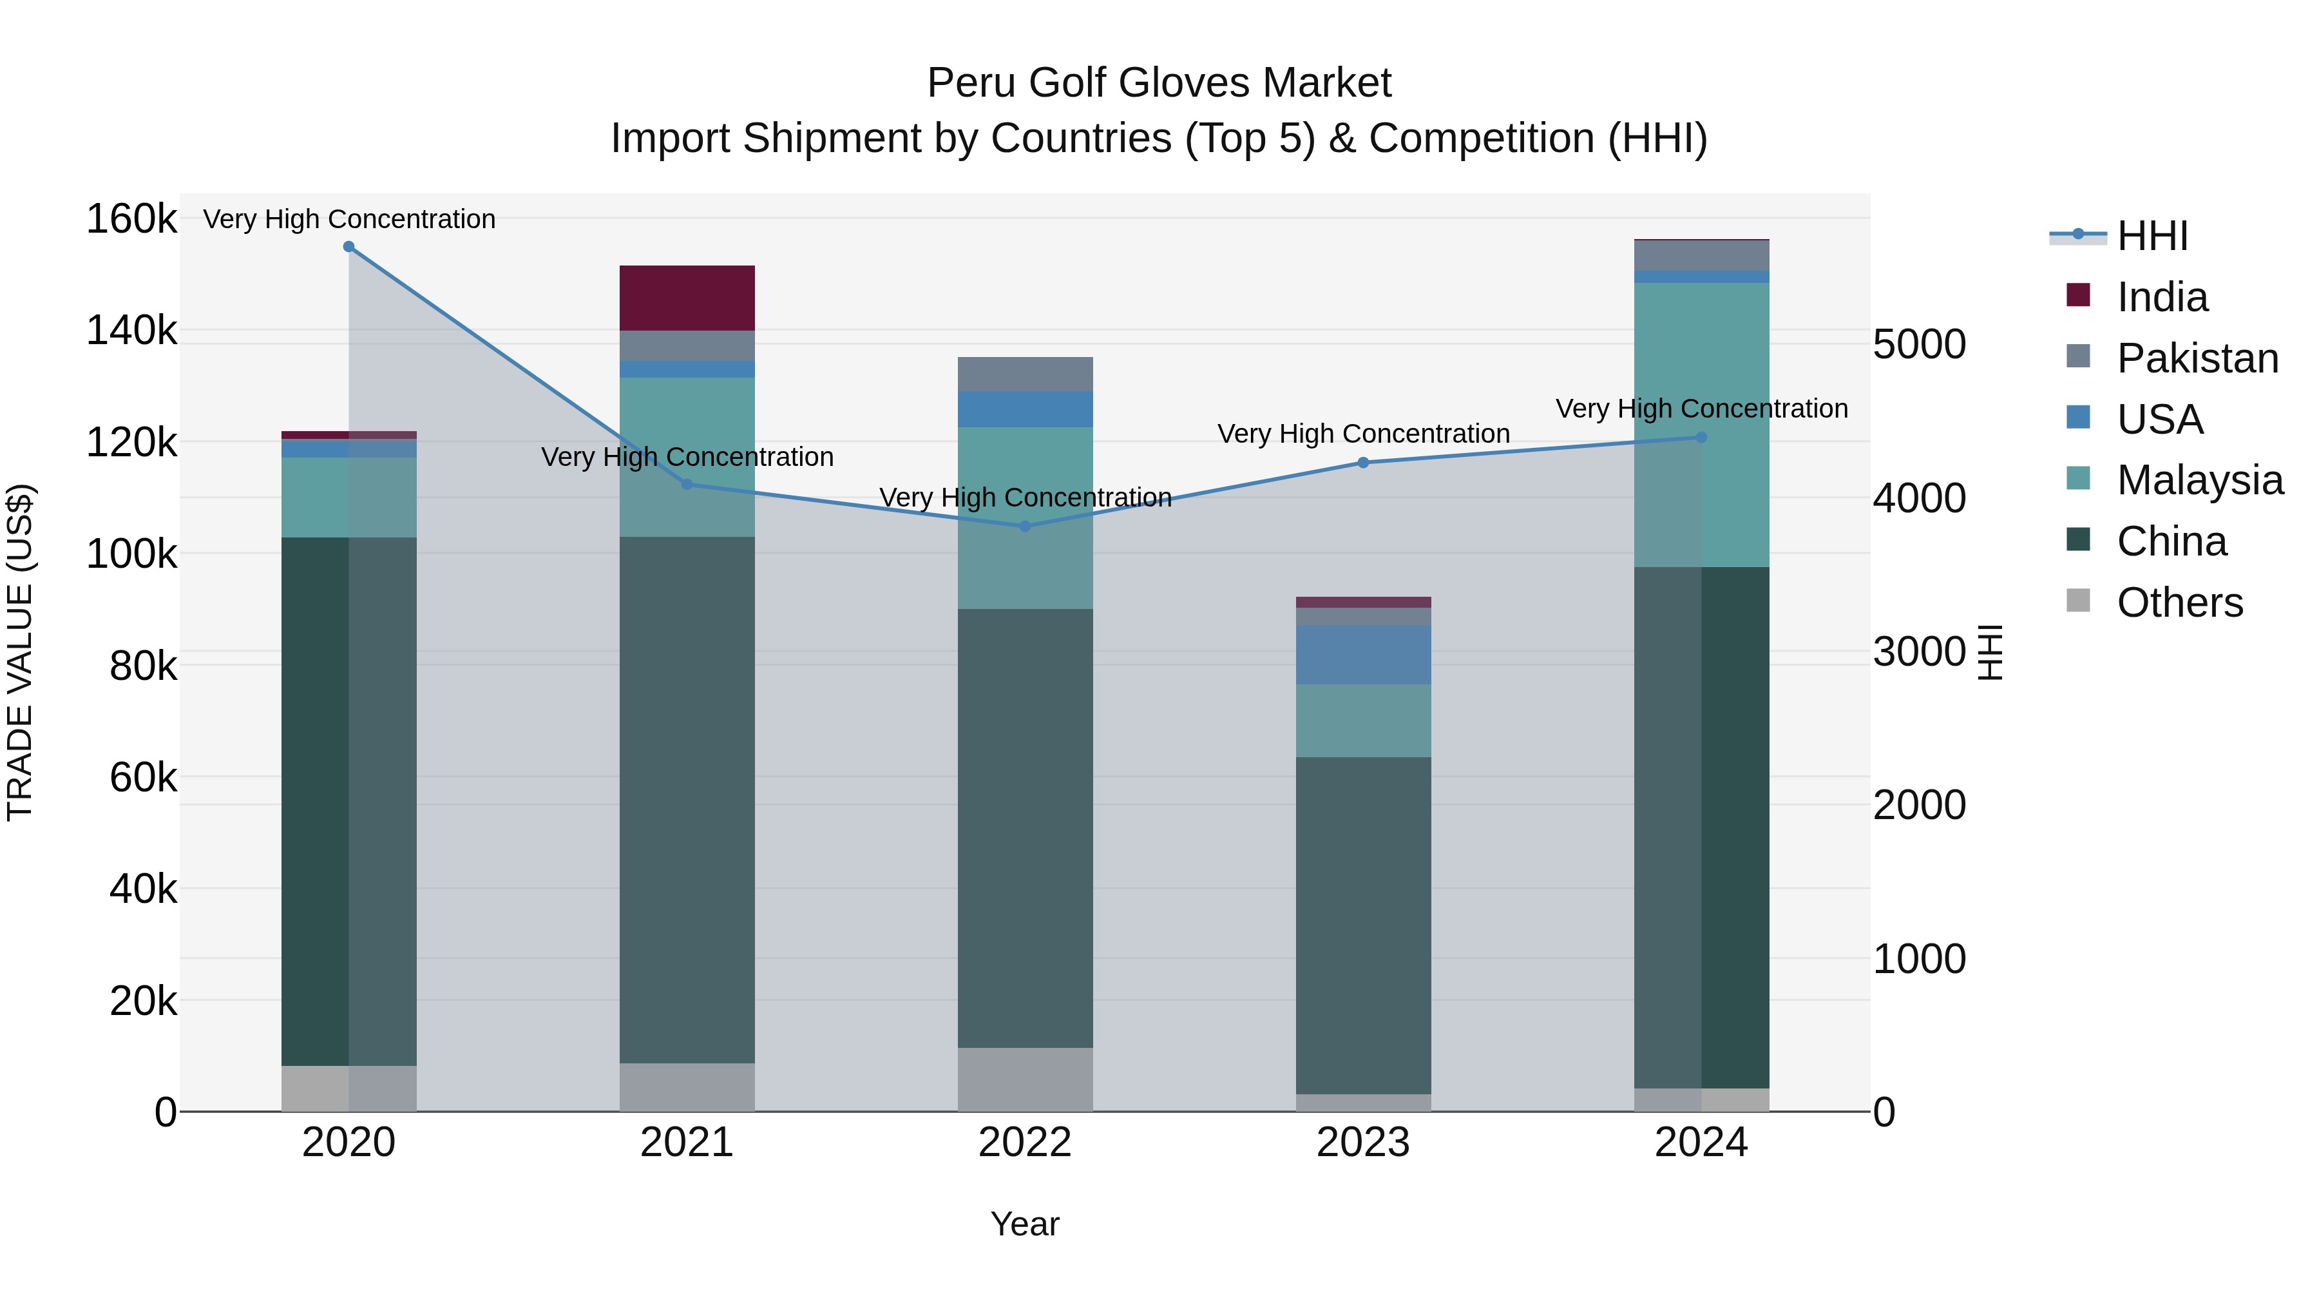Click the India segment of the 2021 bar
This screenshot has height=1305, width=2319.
click(687, 298)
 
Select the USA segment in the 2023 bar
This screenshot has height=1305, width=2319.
click(1363, 655)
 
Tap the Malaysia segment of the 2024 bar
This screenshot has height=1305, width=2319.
click(1701, 424)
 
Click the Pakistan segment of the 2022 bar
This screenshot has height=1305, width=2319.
click(1024, 374)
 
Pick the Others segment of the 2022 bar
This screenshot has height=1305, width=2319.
click(1024, 1079)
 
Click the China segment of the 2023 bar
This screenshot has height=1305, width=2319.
click(1363, 925)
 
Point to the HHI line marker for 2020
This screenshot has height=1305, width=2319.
click(349, 247)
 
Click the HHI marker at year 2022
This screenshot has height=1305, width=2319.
click(1024, 526)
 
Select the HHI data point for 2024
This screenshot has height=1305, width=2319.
click(1701, 438)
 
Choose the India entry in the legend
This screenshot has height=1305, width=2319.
click(2161, 297)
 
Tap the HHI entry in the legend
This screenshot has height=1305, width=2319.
click(2152, 236)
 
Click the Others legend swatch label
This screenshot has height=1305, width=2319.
click(2179, 603)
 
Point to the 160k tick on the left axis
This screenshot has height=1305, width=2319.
click(131, 219)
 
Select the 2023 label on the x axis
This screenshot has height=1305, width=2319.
click(1363, 1143)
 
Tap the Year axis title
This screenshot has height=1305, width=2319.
click(1024, 1224)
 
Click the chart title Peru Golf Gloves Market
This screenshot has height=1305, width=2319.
click(1159, 83)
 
